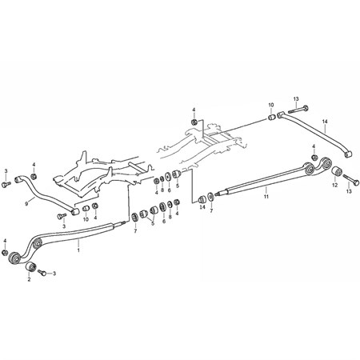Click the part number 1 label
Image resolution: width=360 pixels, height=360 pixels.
[78, 250]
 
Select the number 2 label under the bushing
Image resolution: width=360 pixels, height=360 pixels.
[29, 279]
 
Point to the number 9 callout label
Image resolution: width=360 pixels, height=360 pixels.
[26, 204]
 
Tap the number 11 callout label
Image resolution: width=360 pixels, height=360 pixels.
[266, 197]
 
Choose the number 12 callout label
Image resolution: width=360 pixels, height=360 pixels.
[335, 185]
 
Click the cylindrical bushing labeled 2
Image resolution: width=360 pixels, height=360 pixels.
[30, 266]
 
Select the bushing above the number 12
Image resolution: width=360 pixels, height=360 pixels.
[337, 171]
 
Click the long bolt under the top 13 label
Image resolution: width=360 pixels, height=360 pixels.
[298, 110]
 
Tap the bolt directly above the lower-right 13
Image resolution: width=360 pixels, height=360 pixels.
[351, 179]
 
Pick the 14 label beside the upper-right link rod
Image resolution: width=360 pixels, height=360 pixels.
[325, 122]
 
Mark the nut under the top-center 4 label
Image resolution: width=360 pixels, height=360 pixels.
[194, 122]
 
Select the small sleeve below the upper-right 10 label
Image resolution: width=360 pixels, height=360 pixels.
[271, 117]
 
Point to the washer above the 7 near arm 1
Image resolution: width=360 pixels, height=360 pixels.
[135, 217]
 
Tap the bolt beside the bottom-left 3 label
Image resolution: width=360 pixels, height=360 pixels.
[42, 272]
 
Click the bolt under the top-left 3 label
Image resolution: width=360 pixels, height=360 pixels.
[6, 184]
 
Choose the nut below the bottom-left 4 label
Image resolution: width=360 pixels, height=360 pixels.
[5, 253]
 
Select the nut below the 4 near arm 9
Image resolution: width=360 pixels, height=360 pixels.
[34, 176]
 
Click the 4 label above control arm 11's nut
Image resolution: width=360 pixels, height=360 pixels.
[314, 146]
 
